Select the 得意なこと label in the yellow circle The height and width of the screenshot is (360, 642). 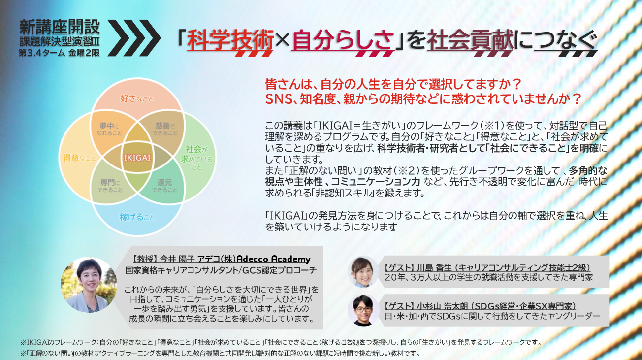pyautogui.click(x=79, y=158)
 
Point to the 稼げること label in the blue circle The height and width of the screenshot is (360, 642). pyautogui.click(x=137, y=217)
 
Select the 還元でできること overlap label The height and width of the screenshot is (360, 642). pyautogui.click(x=165, y=185)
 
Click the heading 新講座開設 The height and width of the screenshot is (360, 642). pyautogui.click(x=60, y=25)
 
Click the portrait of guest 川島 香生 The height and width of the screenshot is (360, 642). pyautogui.click(x=363, y=271)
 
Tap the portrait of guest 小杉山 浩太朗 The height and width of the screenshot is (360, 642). pyautogui.click(x=363, y=310)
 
